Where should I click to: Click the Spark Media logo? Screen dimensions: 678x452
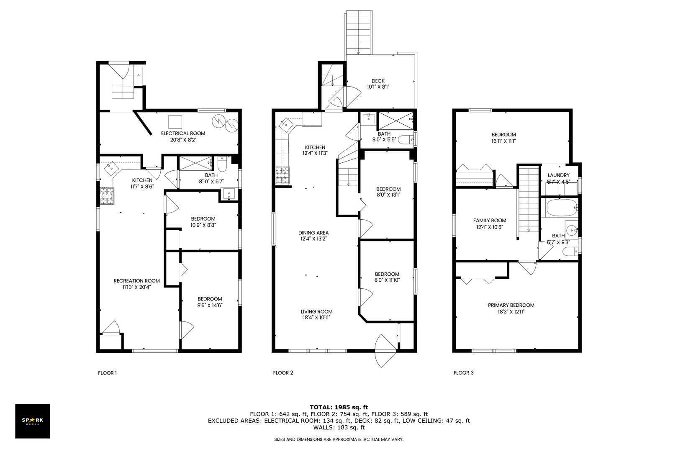tap(32, 421)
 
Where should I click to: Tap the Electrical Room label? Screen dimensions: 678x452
tap(183, 133)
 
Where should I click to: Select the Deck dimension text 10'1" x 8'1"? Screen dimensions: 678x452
tap(378, 87)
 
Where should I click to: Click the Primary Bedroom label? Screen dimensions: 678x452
tap(511, 305)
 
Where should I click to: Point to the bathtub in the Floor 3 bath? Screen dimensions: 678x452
tap(562, 208)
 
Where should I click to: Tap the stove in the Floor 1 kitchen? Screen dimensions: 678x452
tap(107, 196)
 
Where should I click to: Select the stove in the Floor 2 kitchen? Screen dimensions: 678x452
tap(282, 176)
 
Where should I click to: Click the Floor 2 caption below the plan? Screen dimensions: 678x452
tap(283, 372)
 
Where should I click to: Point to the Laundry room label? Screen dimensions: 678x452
tap(558, 175)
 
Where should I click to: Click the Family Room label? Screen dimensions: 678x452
tap(490, 221)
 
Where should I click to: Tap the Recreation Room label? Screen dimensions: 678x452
tap(136, 281)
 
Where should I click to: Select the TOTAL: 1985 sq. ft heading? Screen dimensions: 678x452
tap(339, 407)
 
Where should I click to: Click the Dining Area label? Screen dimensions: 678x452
tap(313, 233)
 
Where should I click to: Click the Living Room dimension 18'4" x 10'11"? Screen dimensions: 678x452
tap(316, 317)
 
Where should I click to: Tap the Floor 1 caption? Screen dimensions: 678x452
tap(107, 372)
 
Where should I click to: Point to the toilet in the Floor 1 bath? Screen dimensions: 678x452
tap(222, 164)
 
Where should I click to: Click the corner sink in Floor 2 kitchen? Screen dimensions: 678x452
tap(285, 124)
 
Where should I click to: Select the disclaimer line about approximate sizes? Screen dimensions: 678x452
tap(339, 439)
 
